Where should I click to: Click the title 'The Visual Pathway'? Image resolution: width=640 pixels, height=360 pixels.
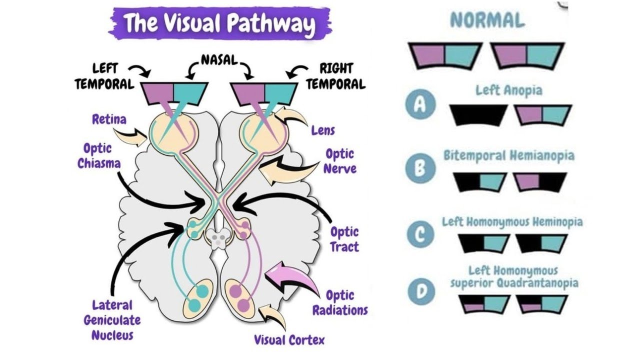220,23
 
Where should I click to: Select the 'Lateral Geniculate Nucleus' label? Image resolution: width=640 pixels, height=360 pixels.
112,320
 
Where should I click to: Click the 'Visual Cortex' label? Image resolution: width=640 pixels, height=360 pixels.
289,340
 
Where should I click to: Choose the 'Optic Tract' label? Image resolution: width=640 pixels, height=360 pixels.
344,239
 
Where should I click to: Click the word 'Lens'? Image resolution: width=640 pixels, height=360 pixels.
322,130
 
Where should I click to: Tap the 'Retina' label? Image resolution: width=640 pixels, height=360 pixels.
108,119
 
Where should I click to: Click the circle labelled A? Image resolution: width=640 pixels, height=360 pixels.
420,105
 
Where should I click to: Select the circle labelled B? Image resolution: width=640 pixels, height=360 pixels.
420,169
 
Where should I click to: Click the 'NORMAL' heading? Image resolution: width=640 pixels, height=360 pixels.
487,20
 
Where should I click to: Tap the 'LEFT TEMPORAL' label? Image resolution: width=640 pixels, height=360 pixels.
104,76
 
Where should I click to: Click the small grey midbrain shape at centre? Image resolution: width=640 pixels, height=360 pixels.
218,238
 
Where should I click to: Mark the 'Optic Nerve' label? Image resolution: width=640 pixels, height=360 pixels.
339,161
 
